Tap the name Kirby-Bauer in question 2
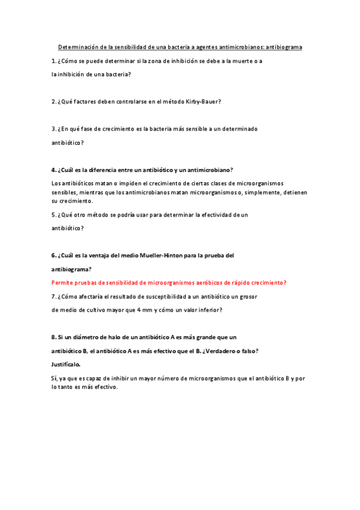pyautogui.click(x=203, y=102)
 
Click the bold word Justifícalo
pyautogui.click(x=66, y=364)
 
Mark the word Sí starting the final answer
pyautogui.click(x=54, y=378)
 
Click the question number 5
pyautogui.click(x=53, y=215)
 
